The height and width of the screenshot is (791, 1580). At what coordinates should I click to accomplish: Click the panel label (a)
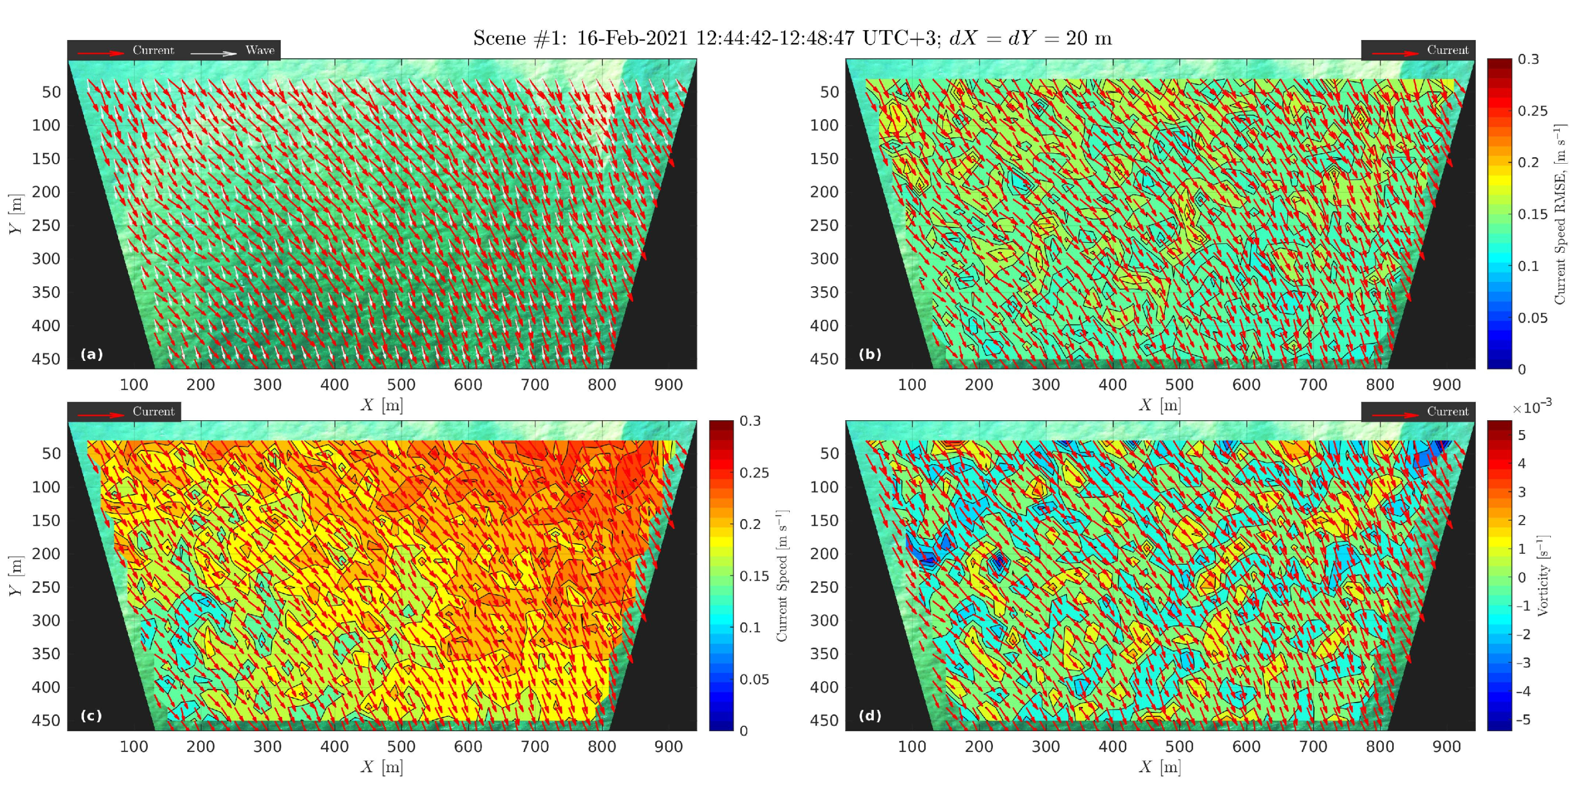point(91,354)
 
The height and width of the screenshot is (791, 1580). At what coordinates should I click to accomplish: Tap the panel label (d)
point(870,716)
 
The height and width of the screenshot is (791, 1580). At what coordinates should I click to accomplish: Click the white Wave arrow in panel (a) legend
point(214,53)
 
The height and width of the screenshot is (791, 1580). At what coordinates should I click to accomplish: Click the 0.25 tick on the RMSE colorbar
point(1532,111)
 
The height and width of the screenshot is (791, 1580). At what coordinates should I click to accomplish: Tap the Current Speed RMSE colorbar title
point(1560,214)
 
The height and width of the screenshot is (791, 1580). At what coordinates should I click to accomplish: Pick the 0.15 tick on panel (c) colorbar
point(754,576)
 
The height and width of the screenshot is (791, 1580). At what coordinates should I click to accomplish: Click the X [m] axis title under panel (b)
point(1159,405)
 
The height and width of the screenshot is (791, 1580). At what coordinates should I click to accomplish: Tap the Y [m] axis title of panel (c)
point(16,576)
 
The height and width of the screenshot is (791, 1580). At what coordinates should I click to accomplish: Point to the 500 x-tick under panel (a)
point(401,385)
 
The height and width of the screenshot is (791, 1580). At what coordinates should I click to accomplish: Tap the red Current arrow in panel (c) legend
point(101,415)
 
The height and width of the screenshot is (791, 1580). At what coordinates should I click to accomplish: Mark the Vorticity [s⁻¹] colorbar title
point(1543,576)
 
